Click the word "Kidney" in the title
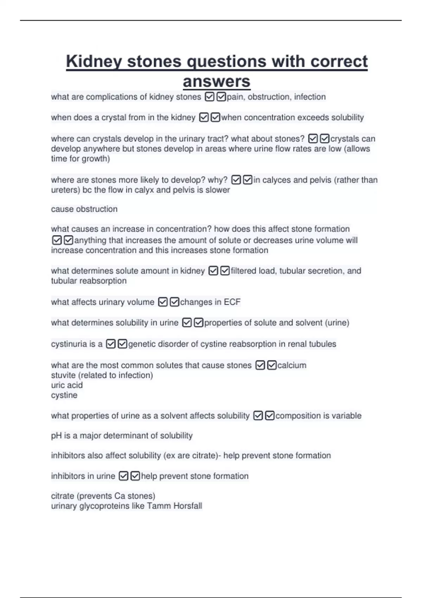[94, 62]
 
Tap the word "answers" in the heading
[216, 82]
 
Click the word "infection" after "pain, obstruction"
[310, 97]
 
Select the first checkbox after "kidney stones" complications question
[210, 97]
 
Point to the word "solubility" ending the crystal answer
[347, 117]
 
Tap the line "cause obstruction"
[84, 209]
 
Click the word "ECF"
[232, 302]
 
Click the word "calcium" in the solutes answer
[292, 365]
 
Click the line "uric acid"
[67, 385]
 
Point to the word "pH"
[56, 436]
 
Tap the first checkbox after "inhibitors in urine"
[123, 476]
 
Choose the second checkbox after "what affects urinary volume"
[174, 302]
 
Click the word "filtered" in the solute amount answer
[243, 271]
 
